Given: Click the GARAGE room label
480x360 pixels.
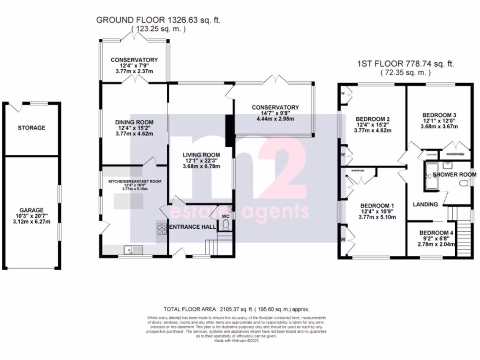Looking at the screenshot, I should pyautogui.click(x=31, y=210).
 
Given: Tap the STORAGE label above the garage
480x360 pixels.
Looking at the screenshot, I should pyautogui.click(x=31, y=127).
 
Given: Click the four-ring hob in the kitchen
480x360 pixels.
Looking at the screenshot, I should pyautogui.click(x=162, y=228).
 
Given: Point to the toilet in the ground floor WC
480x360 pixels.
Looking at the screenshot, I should pyautogui.click(x=225, y=225).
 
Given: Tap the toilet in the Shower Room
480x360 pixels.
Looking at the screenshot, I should pyautogui.click(x=465, y=184).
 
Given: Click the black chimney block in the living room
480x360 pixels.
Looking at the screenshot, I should pyautogui.click(x=229, y=131).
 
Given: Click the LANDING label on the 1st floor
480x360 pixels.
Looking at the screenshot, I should pyautogui.click(x=425, y=204).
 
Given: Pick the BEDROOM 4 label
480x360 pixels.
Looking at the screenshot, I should pyautogui.click(x=436, y=232).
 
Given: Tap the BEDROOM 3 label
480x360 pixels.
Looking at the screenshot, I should pyautogui.click(x=439, y=115).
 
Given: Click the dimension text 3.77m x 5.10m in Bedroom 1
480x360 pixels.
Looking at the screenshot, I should pyautogui.click(x=376, y=217).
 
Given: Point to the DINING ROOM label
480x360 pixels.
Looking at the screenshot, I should pyautogui.click(x=135, y=122).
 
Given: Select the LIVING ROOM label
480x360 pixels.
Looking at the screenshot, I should pyautogui.click(x=201, y=154).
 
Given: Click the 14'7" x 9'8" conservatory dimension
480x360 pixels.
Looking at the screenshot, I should pyautogui.click(x=275, y=113).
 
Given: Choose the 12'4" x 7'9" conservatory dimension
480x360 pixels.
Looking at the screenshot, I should pyautogui.click(x=134, y=66).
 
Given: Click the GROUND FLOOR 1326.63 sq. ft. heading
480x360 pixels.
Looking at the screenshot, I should pyautogui.click(x=158, y=20).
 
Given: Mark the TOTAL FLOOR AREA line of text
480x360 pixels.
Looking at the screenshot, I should pyautogui.click(x=237, y=309).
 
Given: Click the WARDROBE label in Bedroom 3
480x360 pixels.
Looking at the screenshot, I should pyautogui.click(x=455, y=153).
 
